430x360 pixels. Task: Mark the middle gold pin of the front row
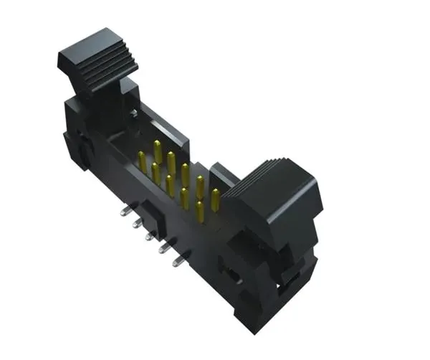click(x=170, y=185)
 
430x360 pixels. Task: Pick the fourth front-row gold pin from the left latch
click(x=184, y=197)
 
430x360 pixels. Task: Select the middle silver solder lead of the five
click(x=150, y=235)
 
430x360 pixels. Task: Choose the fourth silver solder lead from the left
click(x=163, y=248)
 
